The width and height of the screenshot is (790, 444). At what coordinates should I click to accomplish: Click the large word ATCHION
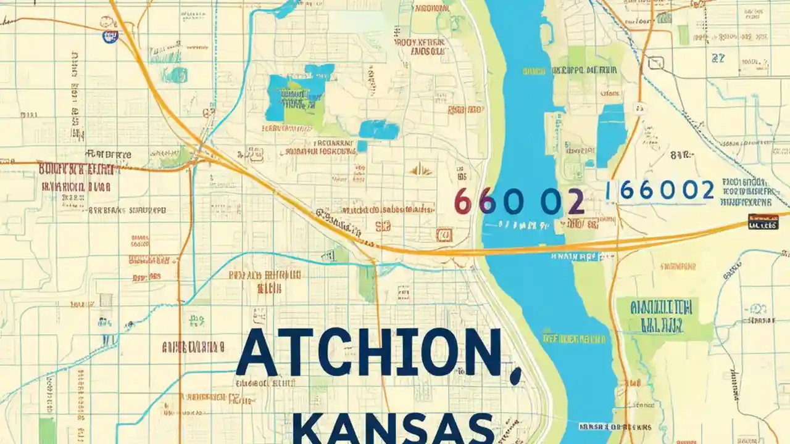click(368, 353)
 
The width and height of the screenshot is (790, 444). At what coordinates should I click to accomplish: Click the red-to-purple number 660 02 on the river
click(519, 202)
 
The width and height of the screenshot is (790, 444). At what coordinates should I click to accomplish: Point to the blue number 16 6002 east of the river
click(660, 191)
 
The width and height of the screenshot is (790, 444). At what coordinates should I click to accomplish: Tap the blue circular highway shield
click(109, 36)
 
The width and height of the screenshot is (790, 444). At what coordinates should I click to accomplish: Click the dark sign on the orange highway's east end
click(762, 222)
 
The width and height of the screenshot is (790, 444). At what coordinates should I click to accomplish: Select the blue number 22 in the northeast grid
click(718, 59)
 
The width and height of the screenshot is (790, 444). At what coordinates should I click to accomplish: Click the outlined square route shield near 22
click(655, 62)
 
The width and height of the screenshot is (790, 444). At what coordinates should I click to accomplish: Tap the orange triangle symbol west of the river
click(421, 169)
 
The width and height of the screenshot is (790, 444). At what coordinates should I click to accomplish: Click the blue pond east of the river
click(611, 136)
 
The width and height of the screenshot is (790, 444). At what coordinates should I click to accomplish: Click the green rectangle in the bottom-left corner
click(47, 430)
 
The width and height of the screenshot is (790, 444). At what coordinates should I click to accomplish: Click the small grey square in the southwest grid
click(106, 300)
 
